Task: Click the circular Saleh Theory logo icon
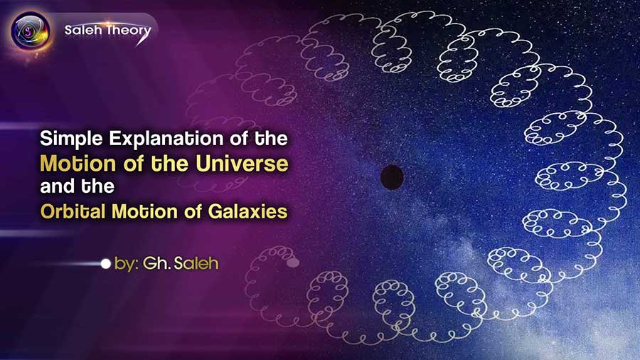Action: [30, 31]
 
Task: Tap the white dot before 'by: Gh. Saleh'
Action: [106, 264]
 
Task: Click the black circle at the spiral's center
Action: [392, 176]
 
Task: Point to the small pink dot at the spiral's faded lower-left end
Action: [292, 263]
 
